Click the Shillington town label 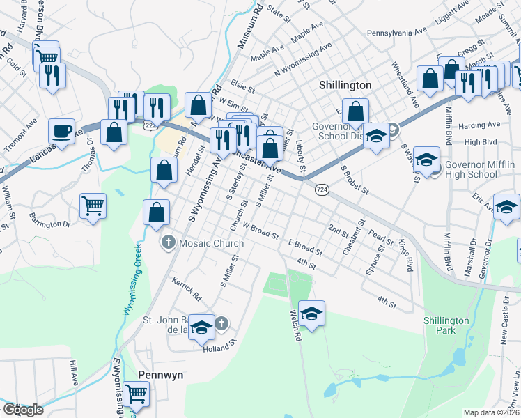(x=345, y=84)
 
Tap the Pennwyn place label (x=160, y=374)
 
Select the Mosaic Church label (x=211, y=243)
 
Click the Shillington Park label (x=446, y=325)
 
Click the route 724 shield (x=321, y=189)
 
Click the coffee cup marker (x=62, y=131)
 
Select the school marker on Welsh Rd (x=312, y=313)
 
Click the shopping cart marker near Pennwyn (x=137, y=394)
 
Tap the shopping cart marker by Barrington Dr (x=93, y=206)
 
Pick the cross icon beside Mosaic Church (x=168, y=243)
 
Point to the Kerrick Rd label (x=187, y=288)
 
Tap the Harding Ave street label (x=480, y=125)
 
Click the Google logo (x=23, y=410)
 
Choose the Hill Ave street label (x=72, y=373)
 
